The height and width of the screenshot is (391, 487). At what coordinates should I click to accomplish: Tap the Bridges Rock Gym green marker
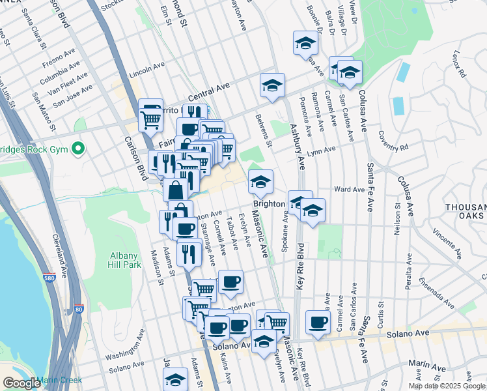coord(79,150)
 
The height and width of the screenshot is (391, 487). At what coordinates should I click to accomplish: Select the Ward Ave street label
coord(349,190)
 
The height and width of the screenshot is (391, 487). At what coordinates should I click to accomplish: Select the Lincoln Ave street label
coord(146,68)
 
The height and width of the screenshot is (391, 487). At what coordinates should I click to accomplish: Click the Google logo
coord(21,383)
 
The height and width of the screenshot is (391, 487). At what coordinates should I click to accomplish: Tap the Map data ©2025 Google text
coord(446,386)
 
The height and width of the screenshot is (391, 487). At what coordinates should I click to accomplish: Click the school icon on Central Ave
coord(272,85)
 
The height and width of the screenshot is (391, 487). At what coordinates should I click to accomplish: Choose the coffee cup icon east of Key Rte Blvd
coord(318,322)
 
